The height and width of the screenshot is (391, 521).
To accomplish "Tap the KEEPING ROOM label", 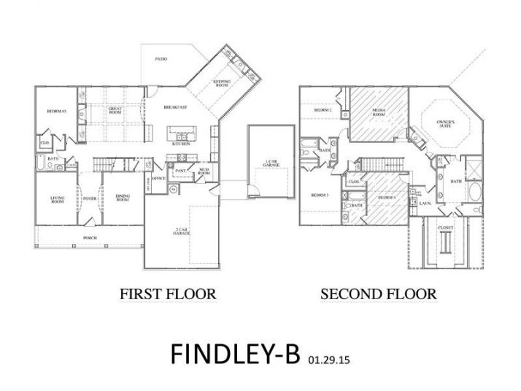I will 222,83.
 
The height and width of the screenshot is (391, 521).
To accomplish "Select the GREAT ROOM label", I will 115,110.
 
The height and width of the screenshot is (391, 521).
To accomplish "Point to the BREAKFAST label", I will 175,107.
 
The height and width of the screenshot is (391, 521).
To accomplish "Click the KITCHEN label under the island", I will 181,144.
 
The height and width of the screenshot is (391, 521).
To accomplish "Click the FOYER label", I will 89,197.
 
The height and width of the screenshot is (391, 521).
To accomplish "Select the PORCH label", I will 90,237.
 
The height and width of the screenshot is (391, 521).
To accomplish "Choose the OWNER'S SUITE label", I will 446,123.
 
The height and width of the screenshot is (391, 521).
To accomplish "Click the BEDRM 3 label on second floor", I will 319,195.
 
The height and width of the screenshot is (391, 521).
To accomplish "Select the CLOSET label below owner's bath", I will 445,228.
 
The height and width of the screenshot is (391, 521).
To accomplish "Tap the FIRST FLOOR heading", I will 167,294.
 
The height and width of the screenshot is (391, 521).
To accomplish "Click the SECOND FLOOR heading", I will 378,294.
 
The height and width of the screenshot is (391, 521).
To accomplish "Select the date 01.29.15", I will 325,360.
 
